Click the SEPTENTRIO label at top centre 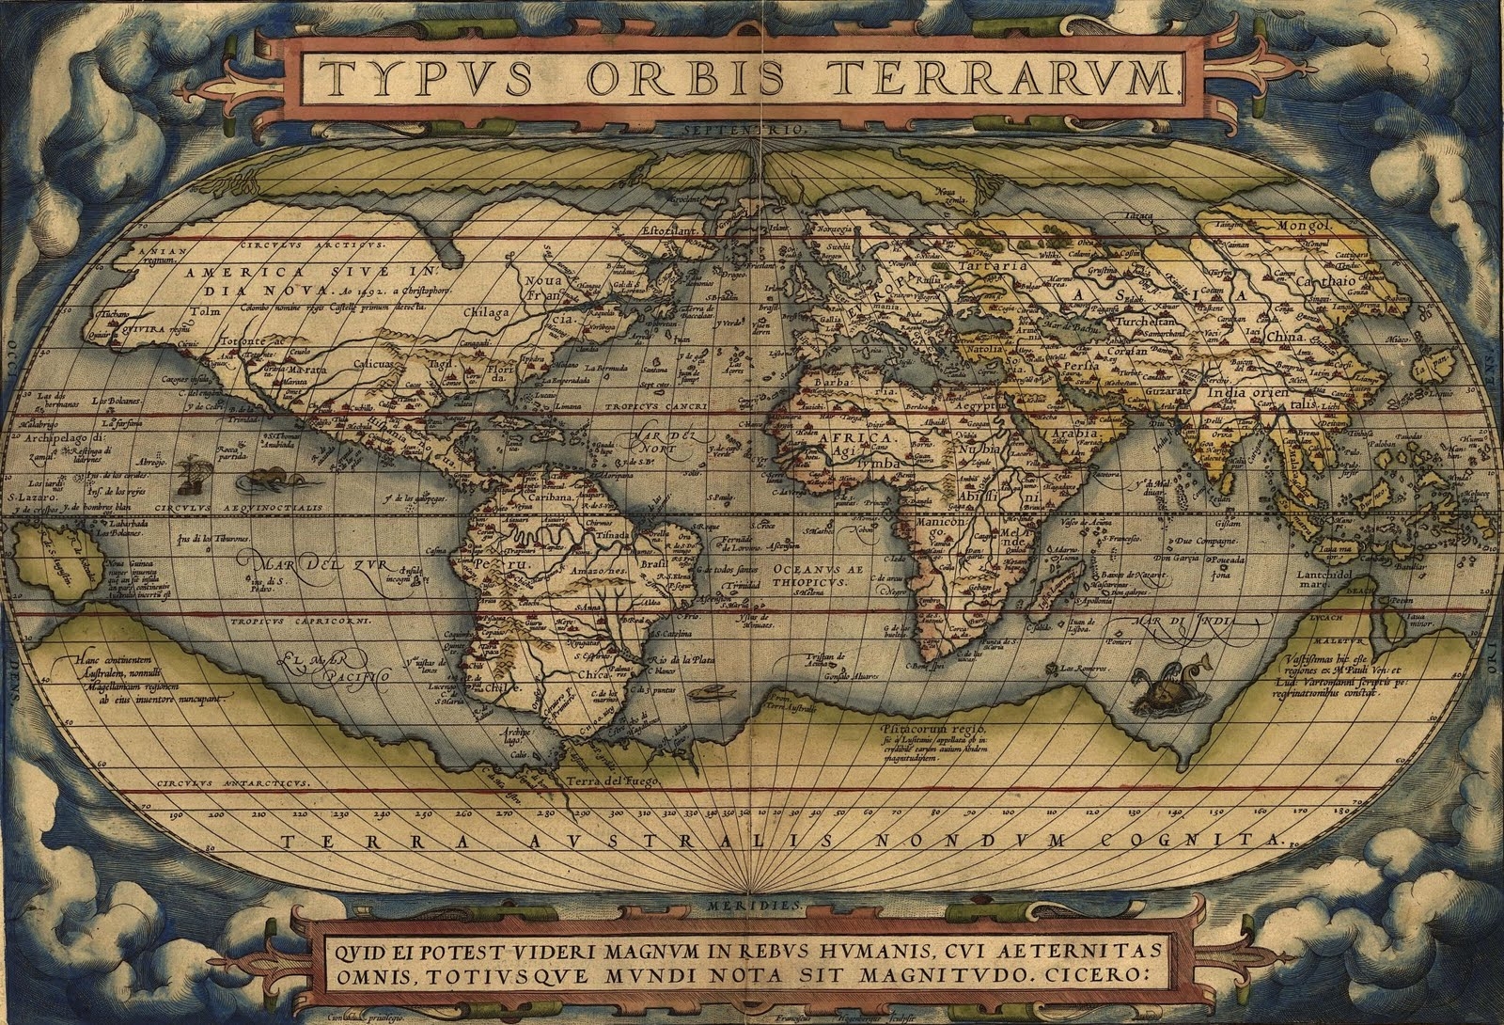pos(752,130)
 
